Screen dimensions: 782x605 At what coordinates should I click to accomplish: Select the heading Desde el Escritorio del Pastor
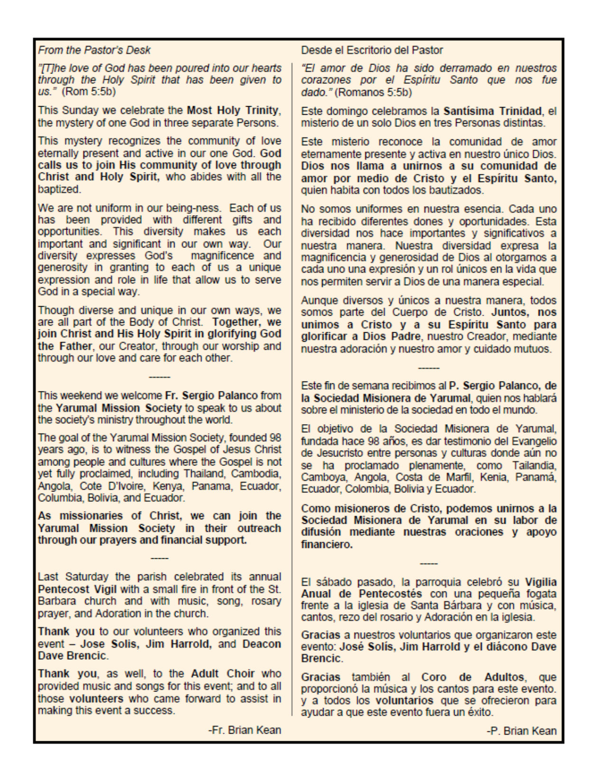click(x=372, y=50)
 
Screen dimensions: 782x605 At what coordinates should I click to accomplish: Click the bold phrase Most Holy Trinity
click(x=233, y=110)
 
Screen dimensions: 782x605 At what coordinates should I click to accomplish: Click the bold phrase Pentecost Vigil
click(x=77, y=589)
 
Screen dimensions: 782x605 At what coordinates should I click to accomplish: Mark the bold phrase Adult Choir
click(x=223, y=673)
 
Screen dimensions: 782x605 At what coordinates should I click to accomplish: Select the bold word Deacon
click(x=261, y=644)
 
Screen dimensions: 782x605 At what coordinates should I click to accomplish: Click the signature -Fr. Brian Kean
click(x=244, y=730)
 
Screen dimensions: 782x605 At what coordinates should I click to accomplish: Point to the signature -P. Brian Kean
click(x=521, y=731)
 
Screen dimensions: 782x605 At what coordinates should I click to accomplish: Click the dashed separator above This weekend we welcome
click(x=159, y=377)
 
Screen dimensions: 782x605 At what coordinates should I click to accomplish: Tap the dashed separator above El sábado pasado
click(x=429, y=564)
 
